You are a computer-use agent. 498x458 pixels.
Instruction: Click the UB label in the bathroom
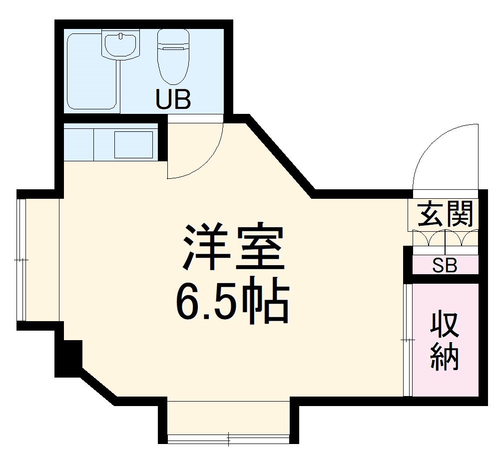pos(173,99)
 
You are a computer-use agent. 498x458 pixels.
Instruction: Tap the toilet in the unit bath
pos(173,56)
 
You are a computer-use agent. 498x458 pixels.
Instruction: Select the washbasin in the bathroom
pos(120,44)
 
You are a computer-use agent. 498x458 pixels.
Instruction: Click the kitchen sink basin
pos(134,144)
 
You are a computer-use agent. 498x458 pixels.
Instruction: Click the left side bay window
pos(21,260)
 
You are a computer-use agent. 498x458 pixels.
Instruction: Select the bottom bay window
pos(228,439)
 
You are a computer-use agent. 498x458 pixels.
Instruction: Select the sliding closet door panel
pos(408,340)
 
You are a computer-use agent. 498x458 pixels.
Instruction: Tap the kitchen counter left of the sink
pos(79,144)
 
